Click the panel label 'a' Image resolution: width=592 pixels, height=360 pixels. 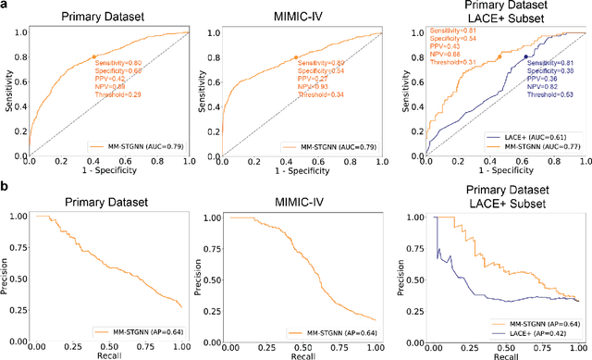6,6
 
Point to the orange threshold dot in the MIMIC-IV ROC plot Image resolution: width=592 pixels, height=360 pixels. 296,57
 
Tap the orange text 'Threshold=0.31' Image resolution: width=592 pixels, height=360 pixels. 440,62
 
